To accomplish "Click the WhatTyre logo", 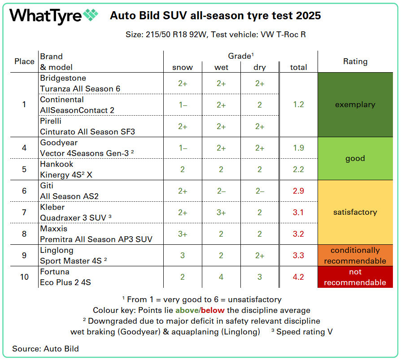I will coord(53,16).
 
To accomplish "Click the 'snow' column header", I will coord(183,67).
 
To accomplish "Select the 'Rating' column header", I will coord(355,61).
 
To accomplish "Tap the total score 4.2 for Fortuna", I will coord(298,277).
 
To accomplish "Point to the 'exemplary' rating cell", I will coord(355,104).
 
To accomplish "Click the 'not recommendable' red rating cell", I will coord(355,277).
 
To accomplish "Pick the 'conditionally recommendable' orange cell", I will coord(355,256).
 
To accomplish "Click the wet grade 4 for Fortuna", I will coord(221,277).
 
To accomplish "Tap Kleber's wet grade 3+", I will coord(221,213).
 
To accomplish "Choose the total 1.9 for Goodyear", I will coord(298,148).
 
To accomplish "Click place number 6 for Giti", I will coord(24,191).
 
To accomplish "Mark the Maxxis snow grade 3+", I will coord(183,234).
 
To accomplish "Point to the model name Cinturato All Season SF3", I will coord(87,132).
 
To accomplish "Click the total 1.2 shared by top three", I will coord(298,104).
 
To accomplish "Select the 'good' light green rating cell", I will coord(355,158).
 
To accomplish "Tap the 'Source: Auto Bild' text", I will coord(45,348).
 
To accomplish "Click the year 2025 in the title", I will coord(308,16).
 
